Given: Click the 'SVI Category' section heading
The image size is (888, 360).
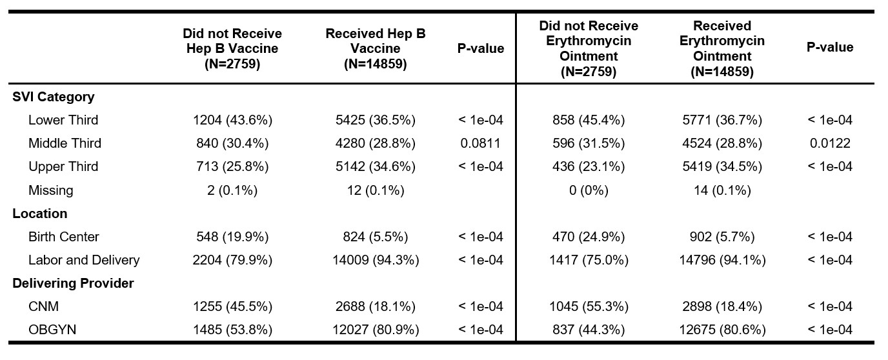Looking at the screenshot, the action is [54, 97].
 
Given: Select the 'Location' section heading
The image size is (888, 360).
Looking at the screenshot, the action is [39, 214].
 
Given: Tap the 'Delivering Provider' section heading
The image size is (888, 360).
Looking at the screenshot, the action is [73, 283].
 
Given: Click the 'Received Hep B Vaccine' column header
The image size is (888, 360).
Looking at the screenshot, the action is [376, 48].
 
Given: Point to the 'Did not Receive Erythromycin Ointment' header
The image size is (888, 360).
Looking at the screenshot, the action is [589, 48].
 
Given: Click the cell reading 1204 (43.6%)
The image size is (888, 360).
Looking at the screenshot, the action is [233, 120].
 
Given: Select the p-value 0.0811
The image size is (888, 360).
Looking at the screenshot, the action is [481, 143].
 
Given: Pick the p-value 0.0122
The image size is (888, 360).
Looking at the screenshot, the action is [830, 143].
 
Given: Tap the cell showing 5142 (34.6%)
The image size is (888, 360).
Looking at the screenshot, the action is [376, 166].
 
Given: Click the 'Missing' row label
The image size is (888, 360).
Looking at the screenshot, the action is [51, 190].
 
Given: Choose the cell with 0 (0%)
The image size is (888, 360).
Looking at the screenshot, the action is [589, 190].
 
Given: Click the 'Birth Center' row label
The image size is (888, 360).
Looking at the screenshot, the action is [64, 237].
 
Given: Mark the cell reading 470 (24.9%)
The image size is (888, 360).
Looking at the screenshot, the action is [589, 237].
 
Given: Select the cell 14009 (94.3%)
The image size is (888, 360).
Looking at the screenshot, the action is [376, 260].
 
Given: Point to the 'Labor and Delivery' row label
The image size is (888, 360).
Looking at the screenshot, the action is [84, 260].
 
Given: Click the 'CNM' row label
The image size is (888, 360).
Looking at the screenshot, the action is [44, 306].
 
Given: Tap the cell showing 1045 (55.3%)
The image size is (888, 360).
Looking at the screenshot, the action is [589, 306].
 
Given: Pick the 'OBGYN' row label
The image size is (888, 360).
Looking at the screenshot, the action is [52, 330].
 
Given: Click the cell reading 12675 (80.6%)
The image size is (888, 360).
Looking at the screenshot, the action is [722, 330].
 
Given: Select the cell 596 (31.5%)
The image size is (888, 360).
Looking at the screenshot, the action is [589, 143].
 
